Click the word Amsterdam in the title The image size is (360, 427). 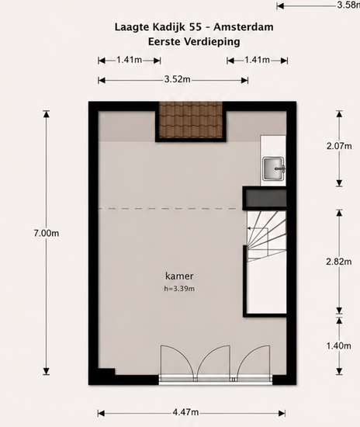244,27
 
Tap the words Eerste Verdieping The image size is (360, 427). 194,42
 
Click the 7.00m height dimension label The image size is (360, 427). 47,234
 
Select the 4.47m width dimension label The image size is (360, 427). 185,412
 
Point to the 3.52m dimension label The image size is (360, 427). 177,79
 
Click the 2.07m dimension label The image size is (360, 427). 339,146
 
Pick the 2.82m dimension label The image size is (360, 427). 339,262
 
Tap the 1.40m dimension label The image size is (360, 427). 339,345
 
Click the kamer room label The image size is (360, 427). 179,276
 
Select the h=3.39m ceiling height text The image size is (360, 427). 179,289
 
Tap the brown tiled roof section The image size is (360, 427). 191,120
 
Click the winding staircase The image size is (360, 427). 266,236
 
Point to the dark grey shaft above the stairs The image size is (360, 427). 265,198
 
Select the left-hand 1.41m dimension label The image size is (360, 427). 130,60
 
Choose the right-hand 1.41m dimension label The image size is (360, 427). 257,60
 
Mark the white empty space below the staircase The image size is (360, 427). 267,288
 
